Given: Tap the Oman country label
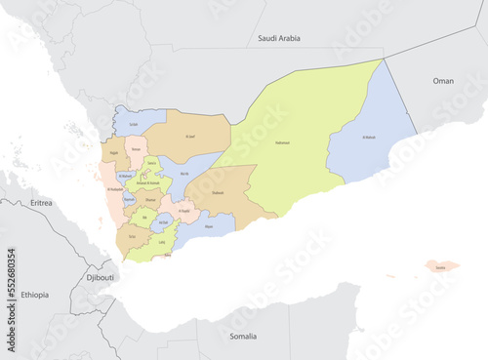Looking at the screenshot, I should [444, 83].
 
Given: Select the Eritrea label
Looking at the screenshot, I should [41, 202].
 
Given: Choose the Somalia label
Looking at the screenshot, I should [243, 336].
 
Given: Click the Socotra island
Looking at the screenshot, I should [441, 265].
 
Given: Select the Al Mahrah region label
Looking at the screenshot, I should [371, 138].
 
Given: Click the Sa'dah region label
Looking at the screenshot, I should [133, 125].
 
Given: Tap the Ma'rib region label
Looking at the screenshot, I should [184, 173].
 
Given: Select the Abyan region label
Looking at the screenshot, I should [208, 225].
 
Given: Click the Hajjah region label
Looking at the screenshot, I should [114, 153].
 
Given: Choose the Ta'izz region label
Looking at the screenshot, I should [132, 236].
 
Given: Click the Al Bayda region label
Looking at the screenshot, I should [183, 208].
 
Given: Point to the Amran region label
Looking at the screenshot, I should [136, 152].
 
